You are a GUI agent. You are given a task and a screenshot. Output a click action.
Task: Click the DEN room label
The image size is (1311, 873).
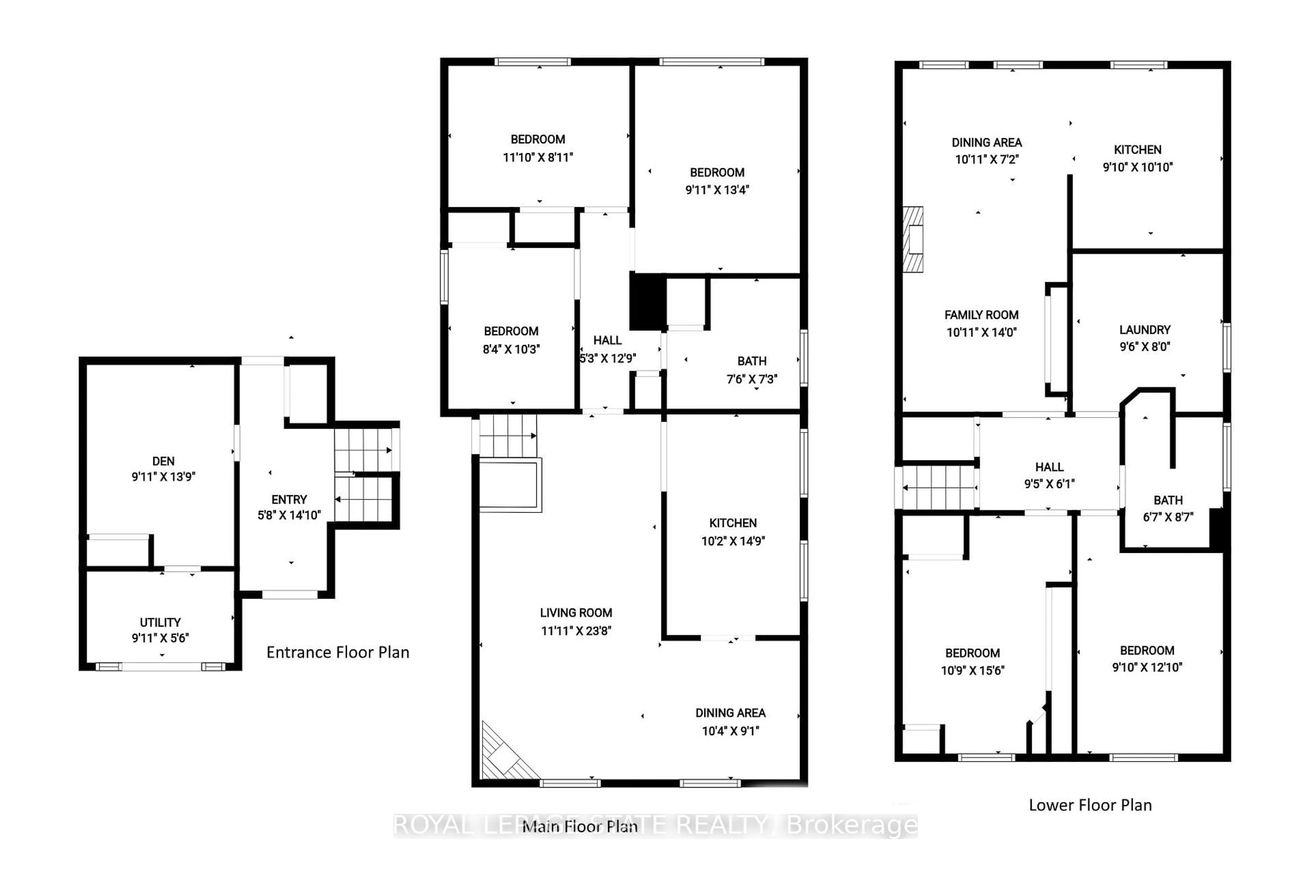coord(163,461)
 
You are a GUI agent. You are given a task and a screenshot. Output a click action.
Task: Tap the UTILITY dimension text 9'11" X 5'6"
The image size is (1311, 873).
coord(160,638)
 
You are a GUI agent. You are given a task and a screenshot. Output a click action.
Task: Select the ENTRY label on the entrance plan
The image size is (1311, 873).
coord(289,499)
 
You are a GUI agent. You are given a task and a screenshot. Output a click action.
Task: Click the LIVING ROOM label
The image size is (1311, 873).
coord(576,613)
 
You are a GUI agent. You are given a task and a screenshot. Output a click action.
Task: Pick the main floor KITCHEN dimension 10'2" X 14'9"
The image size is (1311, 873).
coord(733,541)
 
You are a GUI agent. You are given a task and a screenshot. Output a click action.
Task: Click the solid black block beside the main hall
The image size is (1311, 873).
coord(648,301)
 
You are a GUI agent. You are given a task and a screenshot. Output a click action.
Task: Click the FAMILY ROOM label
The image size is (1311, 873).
coord(981,315)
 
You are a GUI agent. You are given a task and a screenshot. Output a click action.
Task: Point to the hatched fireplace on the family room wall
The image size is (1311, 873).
coord(913,239)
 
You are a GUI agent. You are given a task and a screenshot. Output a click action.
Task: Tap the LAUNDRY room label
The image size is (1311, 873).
coord(1144,330)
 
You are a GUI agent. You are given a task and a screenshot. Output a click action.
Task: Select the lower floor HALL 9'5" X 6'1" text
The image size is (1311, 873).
coord(1049,484)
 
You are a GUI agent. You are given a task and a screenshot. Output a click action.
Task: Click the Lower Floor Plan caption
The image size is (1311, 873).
coord(1090,805)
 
